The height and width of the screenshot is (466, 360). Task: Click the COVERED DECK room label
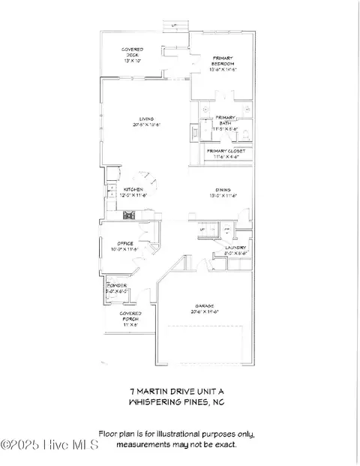click(x=133, y=54)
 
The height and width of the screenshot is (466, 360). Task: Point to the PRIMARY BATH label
click(x=227, y=124)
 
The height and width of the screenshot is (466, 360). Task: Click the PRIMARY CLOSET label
click(x=226, y=154)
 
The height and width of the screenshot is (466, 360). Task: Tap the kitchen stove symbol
click(x=128, y=216)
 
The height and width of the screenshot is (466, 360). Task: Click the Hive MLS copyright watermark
click(x=49, y=446)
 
